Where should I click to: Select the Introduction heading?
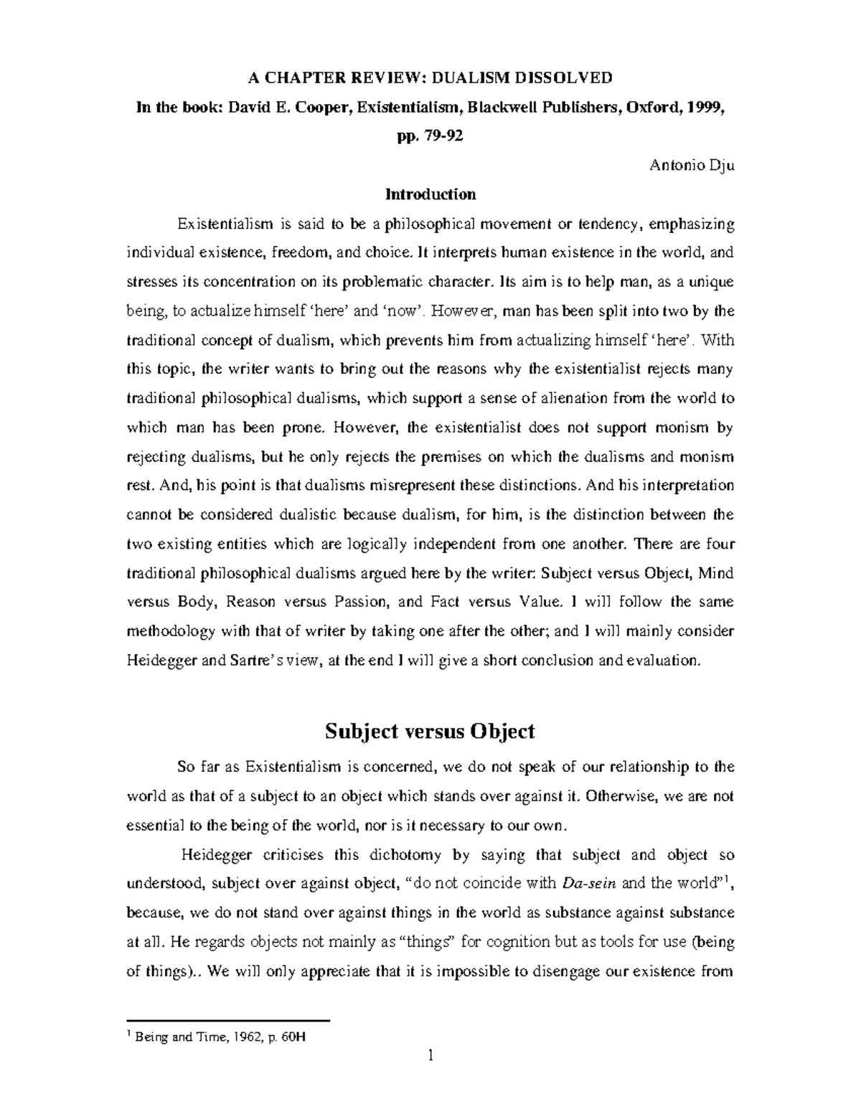(x=430, y=194)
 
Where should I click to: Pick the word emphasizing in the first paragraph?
(x=692, y=225)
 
